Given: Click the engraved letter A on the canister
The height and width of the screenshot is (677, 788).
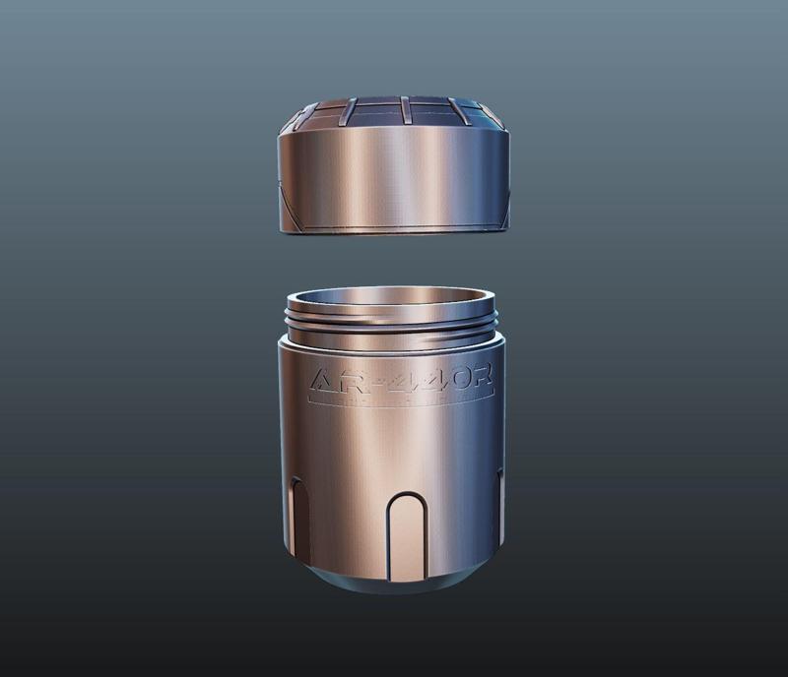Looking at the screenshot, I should pyautogui.click(x=324, y=381).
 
